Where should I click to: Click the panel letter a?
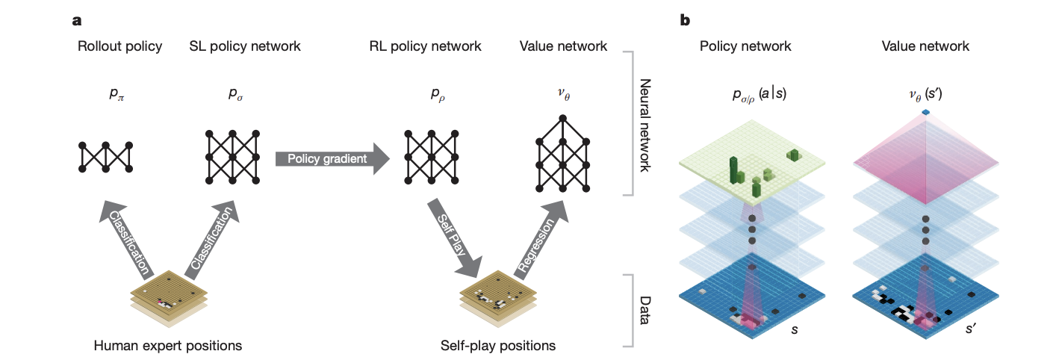tap(76, 20)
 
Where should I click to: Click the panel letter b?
tap(685, 20)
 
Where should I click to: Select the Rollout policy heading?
tap(119, 46)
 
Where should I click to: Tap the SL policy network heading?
tap(245, 46)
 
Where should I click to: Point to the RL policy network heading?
tap(426, 46)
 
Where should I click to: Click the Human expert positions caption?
tap(168, 346)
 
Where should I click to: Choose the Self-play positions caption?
tap(498, 346)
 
